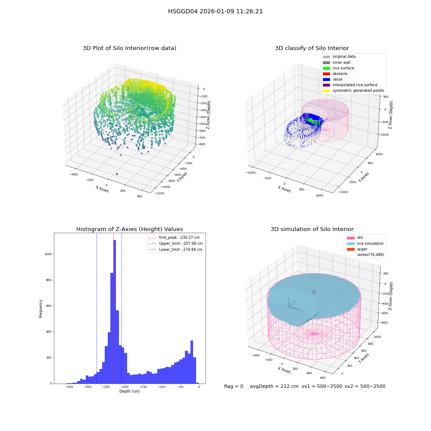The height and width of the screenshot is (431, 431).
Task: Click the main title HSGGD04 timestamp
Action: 215,12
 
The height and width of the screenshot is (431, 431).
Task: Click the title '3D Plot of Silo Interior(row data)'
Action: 129,48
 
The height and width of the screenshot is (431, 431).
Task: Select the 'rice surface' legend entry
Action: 338,68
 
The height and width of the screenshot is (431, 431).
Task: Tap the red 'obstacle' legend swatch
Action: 326,74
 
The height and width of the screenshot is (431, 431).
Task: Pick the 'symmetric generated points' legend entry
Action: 353,91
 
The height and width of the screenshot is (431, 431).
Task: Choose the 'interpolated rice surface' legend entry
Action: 350,85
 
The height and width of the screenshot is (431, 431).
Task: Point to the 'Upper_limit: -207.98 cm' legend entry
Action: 176,244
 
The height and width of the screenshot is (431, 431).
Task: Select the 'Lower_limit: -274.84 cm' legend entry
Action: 176,250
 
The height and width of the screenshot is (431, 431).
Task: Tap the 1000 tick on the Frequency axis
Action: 48,254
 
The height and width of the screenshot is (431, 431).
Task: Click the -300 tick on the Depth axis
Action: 87,387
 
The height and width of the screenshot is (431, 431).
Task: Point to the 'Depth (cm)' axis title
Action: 129,391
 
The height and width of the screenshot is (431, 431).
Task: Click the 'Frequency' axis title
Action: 41,309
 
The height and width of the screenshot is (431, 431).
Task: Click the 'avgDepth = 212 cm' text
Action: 274,386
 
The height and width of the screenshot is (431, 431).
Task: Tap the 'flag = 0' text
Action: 234,386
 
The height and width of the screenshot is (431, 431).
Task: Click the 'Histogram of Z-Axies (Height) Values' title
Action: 129,229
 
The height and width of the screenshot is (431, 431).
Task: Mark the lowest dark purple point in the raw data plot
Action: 117,174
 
